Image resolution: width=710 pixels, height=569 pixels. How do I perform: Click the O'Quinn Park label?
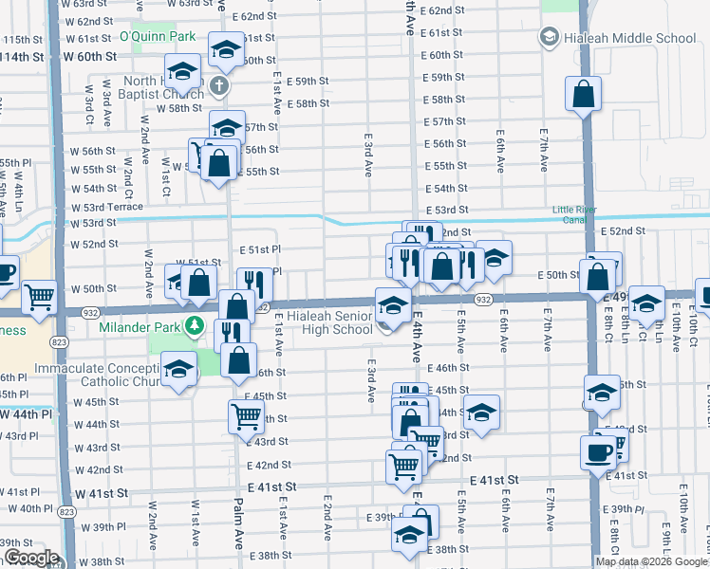pyautogui.click(x=157, y=36)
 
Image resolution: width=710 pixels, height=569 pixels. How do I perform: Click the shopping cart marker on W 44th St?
pyautogui.click(x=246, y=413)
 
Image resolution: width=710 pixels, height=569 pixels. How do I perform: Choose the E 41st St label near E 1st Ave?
pyautogui.click(x=272, y=485)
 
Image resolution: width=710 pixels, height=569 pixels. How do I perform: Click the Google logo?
pyautogui.click(x=31, y=558)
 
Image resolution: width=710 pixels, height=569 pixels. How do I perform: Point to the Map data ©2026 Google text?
pyautogui.click(x=651, y=561)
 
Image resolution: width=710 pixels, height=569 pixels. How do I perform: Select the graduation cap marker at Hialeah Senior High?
pyautogui.click(x=391, y=304)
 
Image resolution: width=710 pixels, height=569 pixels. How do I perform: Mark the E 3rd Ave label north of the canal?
pyautogui.click(x=366, y=155)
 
